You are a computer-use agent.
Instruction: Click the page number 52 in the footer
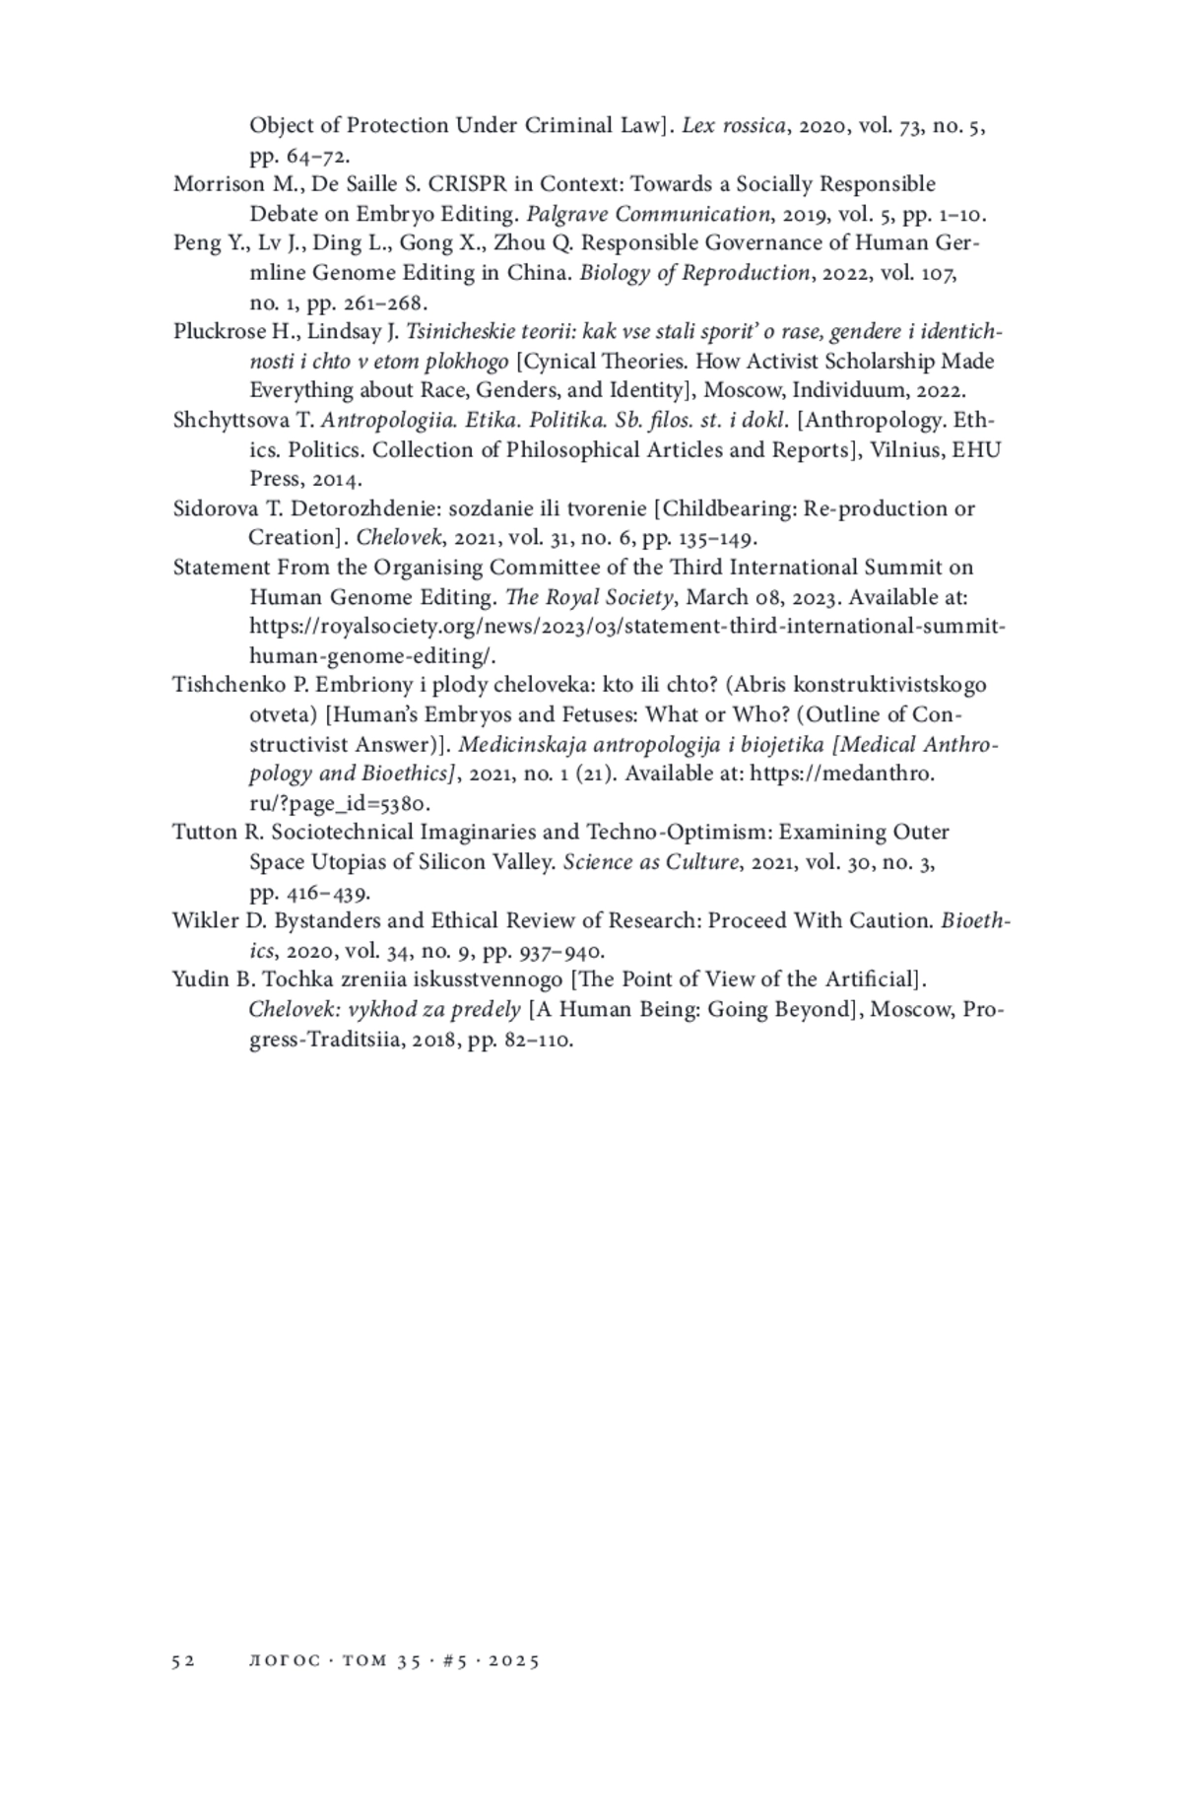click(183, 1660)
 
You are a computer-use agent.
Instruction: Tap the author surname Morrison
click(215, 184)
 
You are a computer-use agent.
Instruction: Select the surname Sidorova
click(214, 508)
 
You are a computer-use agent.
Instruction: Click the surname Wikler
click(205, 921)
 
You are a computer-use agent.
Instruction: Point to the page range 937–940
click(561, 951)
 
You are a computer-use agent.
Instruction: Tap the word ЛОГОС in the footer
click(285, 1660)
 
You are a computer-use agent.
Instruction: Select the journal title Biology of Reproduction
click(693, 273)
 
